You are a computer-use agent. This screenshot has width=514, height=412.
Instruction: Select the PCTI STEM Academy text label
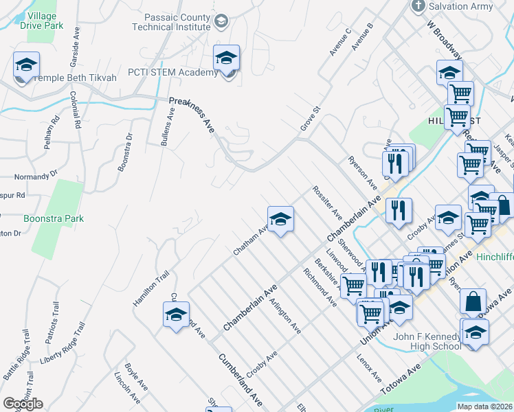point(172,73)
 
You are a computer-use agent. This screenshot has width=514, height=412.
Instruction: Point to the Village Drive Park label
point(42,19)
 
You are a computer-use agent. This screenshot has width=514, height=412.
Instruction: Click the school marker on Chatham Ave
point(280,220)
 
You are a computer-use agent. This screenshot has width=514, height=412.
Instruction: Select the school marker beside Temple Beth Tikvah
point(26,66)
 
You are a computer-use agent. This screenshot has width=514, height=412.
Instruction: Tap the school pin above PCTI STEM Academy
point(226,60)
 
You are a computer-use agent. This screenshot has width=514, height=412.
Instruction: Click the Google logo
point(23,404)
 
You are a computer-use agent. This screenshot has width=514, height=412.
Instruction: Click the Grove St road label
point(311,118)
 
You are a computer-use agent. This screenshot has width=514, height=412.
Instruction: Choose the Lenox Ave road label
point(369,368)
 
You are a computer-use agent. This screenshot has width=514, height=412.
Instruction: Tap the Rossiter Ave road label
point(327,201)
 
